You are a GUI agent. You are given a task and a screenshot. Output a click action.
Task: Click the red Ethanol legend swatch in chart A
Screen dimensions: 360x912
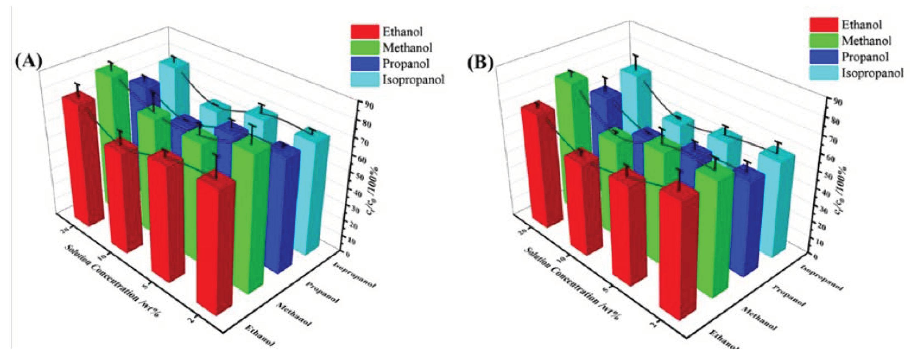(365, 32)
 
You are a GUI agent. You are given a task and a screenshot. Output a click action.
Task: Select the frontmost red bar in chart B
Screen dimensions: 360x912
(678, 255)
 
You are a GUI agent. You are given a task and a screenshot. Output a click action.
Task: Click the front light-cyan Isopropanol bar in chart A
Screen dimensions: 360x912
(310, 198)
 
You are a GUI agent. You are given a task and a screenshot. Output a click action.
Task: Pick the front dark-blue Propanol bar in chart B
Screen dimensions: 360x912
(747, 223)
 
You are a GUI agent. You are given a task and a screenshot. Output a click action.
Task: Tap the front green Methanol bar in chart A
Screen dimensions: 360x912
(250, 220)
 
